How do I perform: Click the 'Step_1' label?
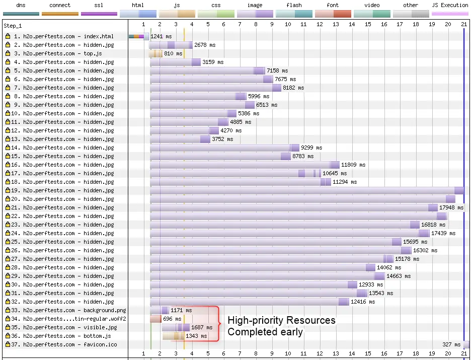(x=13, y=25)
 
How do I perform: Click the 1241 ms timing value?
(x=161, y=36)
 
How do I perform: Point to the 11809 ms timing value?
(x=353, y=165)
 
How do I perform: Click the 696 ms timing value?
(x=172, y=319)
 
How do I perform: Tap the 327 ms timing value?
(x=450, y=344)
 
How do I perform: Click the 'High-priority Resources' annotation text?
(x=281, y=321)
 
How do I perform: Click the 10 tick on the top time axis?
(x=288, y=24)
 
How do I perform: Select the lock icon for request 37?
(x=8, y=344)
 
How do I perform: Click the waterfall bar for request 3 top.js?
(x=155, y=53)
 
